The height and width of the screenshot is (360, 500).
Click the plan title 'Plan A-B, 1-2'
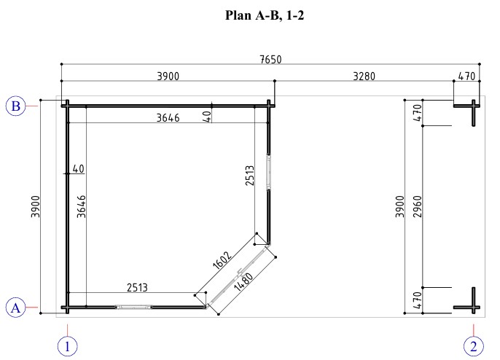pos(265,15)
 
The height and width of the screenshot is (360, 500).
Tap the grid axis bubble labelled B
pos(15,106)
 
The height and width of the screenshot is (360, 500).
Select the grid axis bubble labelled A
pos(15,308)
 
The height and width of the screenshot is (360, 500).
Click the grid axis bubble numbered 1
pos(67,346)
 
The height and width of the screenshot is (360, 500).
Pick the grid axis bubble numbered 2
pos(474,346)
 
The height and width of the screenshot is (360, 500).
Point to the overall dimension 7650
pos(270,59)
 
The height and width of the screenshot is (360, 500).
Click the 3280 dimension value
pos(364,77)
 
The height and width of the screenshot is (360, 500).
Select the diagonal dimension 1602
pos(222,260)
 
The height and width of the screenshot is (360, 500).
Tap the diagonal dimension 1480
pos(243,281)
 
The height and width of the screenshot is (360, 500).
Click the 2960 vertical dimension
pos(418,207)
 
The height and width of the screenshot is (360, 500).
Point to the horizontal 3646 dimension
pos(168,118)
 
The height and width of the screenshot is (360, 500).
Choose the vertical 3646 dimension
pos(82,207)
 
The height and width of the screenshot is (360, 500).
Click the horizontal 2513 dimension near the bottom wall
pos(138,288)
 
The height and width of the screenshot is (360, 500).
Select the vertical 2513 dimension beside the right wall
pos(250,176)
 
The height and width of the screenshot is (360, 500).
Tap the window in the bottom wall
pos(133,307)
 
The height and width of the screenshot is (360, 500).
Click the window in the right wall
pos(269,173)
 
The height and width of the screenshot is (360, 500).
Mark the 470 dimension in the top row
pos(466,77)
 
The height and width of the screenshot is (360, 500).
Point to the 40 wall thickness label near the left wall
pos(79,168)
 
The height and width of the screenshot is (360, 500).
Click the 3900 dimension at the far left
pos(36,207)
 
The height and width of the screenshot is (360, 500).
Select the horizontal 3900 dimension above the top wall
pos(168,77)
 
